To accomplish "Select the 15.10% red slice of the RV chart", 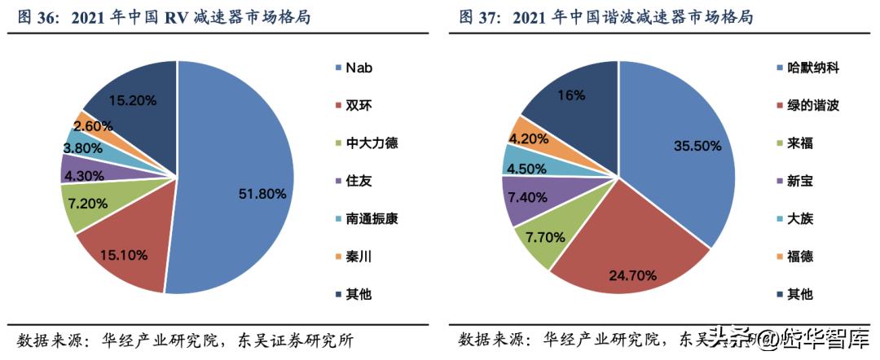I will (x=123, y=256).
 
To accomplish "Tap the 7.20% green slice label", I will (x=89, y=203).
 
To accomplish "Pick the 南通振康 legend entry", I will (x=372, y=218).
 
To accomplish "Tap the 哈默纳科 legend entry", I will (x=812, y=67).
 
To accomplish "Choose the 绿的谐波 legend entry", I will (x=812, y=105).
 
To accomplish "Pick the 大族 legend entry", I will (x=800, y=218).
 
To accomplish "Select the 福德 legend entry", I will (x=800, y=257).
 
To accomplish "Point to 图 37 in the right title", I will (x=478, y=16).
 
